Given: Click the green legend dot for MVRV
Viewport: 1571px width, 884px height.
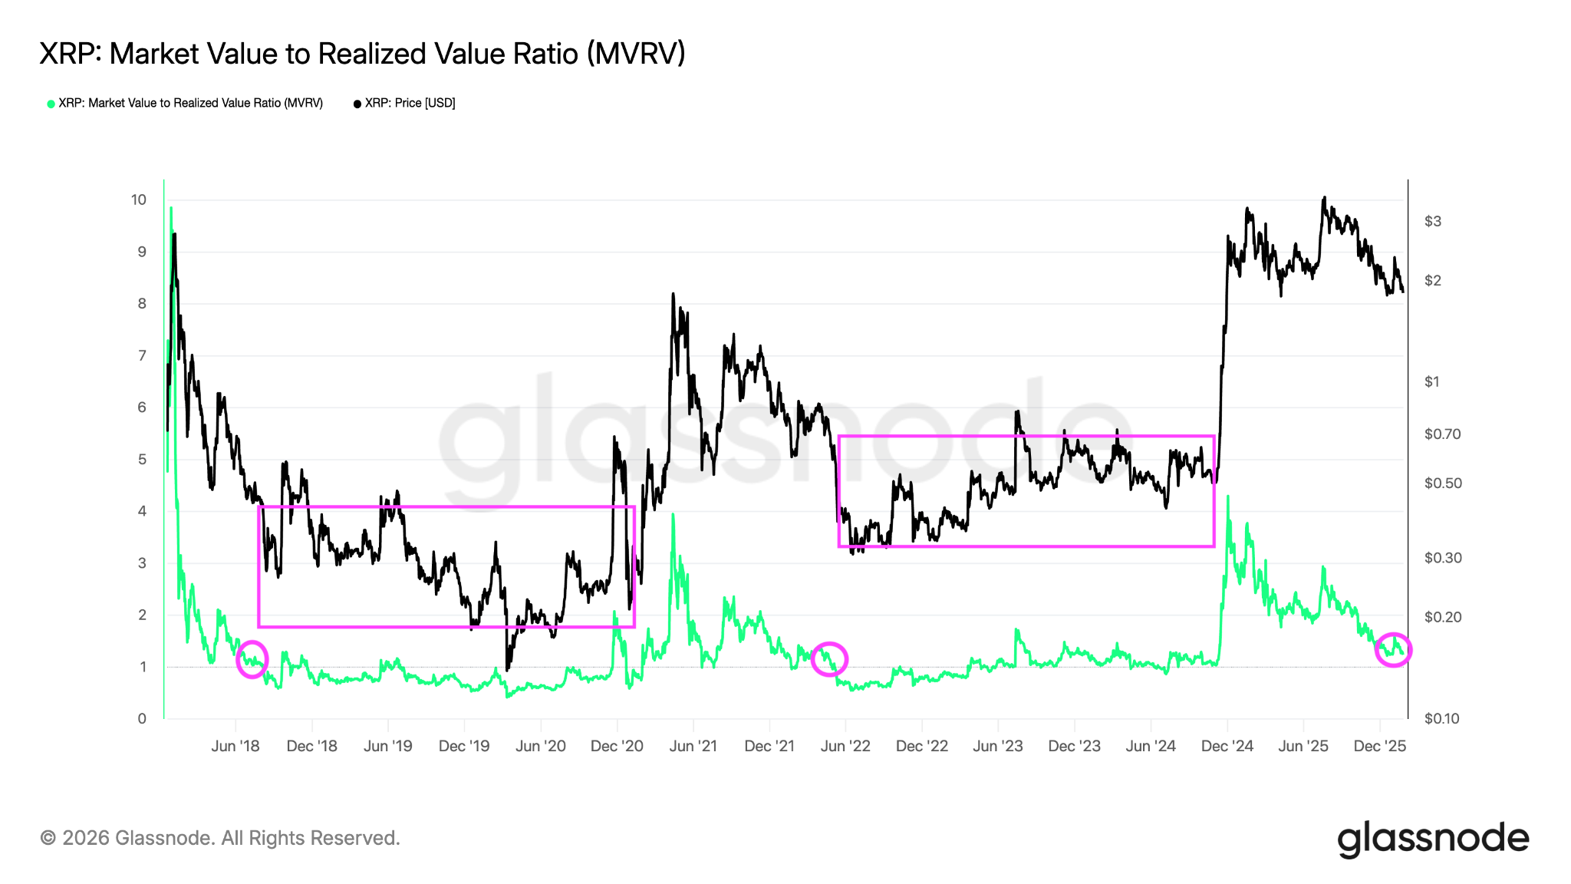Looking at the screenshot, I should tap(51, 104).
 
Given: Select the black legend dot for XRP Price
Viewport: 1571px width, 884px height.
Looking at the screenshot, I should tap(357, 104).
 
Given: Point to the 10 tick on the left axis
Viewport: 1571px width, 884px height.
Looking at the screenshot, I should tap(138, 200).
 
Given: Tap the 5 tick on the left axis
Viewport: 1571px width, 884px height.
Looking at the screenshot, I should tap(142, 460).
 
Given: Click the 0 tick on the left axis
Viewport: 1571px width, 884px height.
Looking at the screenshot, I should tap(142, 719).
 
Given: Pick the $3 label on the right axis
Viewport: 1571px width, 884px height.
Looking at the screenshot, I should tap(1432, 222).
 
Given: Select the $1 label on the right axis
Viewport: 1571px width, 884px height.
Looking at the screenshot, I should tap(1432, 382).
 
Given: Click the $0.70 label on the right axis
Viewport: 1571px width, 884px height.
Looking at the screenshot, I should tap(1442, 434).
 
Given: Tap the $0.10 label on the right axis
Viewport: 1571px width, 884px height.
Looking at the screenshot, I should tap(1442, 719).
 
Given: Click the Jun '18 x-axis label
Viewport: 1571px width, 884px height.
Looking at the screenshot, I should tap(235, 746).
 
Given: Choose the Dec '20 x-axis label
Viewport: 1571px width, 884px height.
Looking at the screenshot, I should tap(617, 746).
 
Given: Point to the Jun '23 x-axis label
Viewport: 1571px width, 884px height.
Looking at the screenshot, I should tap(998, 746).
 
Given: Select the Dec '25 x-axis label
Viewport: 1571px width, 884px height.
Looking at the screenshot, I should tap(1379, 746).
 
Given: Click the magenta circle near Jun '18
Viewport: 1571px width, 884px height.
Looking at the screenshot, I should tap(252, 659).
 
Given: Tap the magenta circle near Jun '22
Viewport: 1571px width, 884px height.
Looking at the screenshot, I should tap(829, 658).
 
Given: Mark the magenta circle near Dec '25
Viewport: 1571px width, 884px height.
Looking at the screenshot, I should tap(1392, 650).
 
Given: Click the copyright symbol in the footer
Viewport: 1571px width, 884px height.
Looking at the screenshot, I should tap(48, 838).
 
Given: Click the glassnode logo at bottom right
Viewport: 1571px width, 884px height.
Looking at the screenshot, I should tap(1433, 838).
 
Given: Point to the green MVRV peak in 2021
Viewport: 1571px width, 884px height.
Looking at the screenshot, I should tap(673, 515).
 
